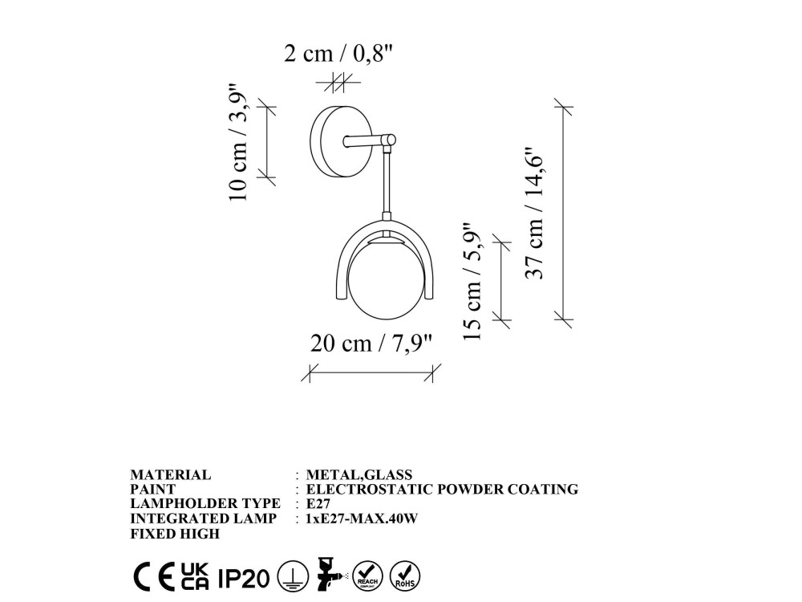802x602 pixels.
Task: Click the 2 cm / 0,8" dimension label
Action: click(338, 53)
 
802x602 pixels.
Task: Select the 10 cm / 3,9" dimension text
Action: click(239, 142)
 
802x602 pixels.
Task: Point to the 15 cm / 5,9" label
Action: click(472, 281)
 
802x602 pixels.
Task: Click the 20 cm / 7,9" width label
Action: click(371, 344)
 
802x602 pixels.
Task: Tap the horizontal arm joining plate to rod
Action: click(369, 140)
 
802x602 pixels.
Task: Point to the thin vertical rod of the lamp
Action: click(387, 183)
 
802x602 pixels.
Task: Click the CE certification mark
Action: click(154, 577)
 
